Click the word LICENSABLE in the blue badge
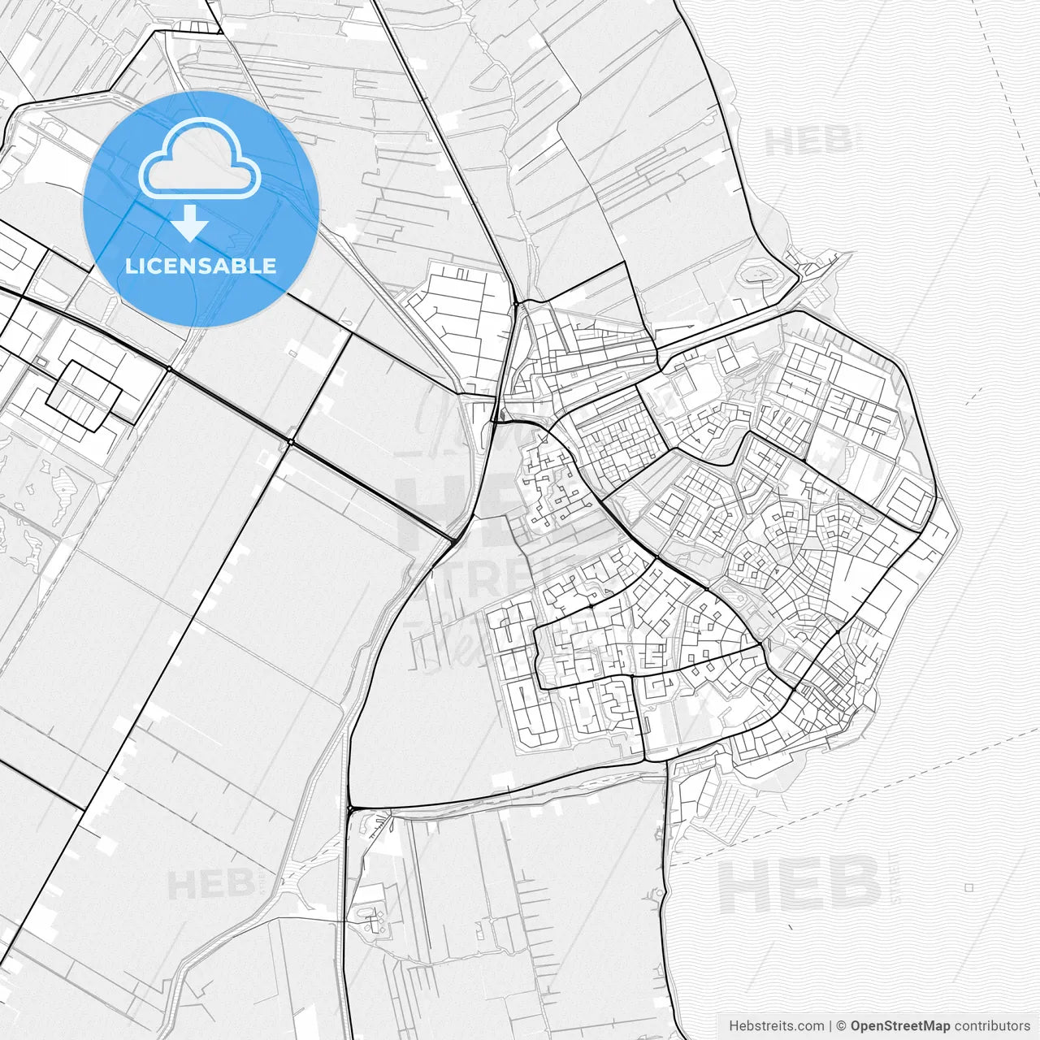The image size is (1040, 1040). pyautogui.click(x=200, y=266)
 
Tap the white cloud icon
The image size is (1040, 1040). pyautogui.click(x=200, y=158)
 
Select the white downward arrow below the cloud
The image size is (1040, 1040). pyautogui.click(x=189, y=223)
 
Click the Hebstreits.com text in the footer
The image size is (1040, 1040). pyautogui.click(x=776, y=1025)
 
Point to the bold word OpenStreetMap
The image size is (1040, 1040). pyautogui.click(x=900, y=1025)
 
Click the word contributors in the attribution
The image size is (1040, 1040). pyautogui.click(x=992, y=1025)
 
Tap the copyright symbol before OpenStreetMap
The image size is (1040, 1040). pyautogui.click(x=842, y=1025)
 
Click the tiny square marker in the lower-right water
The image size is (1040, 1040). pyautogui.click(x=969, y=887)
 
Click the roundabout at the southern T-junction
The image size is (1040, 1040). pyautogui.click(x=350, y=809)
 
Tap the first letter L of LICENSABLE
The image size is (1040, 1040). pyautogui.click(x=130, y=266)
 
